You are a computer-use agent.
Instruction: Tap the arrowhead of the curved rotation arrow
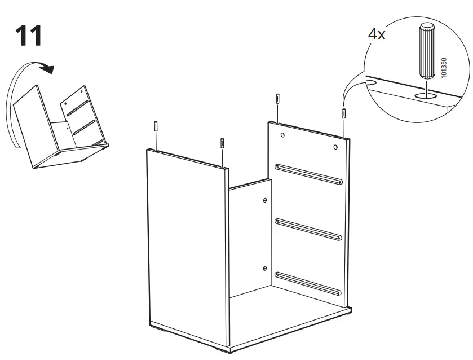tap(50, 69)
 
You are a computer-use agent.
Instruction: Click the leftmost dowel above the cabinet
tap(155, 126)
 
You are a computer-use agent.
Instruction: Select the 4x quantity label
tap(377, 34)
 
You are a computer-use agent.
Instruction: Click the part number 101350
tap(445, 66)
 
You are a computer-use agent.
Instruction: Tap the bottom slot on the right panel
tap(308, 284)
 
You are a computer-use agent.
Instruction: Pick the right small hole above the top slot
tap(335, 148)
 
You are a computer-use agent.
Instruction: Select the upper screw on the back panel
tap(264, 200)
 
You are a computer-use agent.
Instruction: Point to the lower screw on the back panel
tap(264, 269)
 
